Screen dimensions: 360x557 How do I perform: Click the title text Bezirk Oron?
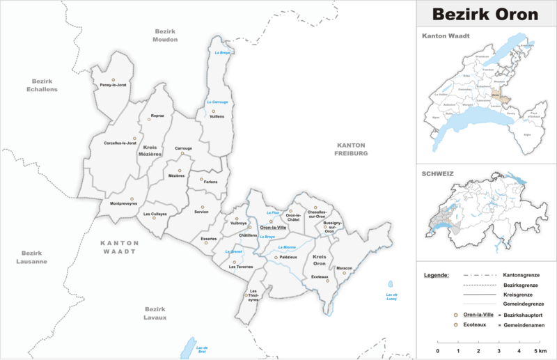pos(486,14)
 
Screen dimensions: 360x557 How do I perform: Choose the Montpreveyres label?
pos(123,203)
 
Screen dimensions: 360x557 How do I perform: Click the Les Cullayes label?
pos(155,214)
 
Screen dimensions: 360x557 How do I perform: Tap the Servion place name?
pos(201,211)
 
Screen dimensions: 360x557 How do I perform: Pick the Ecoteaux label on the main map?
pos(320,277)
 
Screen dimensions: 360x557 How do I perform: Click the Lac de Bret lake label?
pos(203,349)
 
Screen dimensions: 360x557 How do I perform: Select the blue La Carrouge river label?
pos(217,102)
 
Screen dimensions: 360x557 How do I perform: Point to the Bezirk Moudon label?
pos(166,36)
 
